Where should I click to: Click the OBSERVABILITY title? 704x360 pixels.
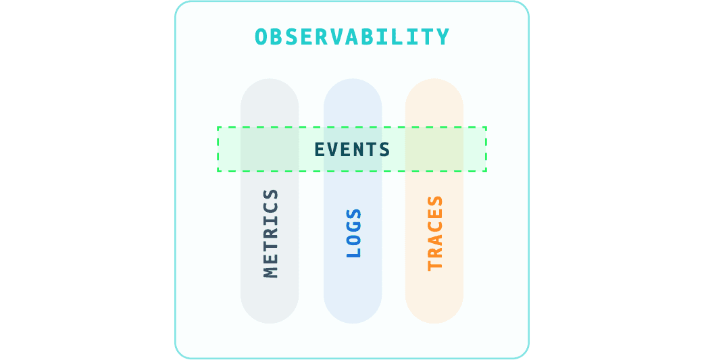tap(352, 36)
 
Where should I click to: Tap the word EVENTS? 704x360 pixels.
tap(352, 149)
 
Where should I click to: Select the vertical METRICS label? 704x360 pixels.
tap(270, 233)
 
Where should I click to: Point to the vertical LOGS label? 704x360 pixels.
tap(353, 233)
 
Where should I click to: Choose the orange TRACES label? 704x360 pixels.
tap(435, 233)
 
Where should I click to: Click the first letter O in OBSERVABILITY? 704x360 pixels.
tap(261, 36)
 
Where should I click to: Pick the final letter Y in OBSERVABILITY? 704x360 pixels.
tap(443, 36)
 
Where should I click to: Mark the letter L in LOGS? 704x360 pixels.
tap(353, 253)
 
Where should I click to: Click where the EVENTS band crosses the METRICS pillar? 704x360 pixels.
tap(270, 149)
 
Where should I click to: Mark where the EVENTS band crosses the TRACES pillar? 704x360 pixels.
tap(434, 149)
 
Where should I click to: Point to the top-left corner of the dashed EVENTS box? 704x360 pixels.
tap(218, 127)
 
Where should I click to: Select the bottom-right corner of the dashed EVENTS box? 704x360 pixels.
tap(486, 171)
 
